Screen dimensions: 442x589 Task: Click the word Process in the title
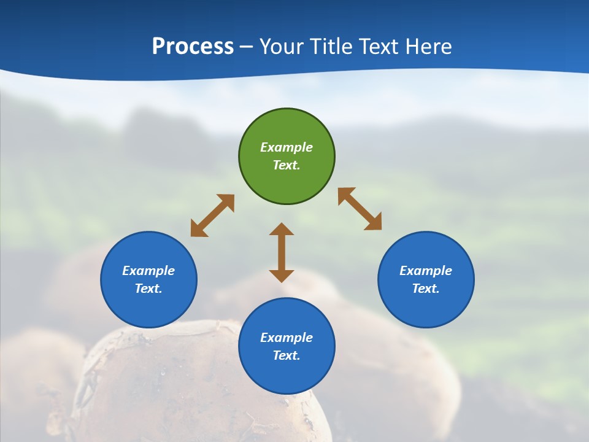[193, 47]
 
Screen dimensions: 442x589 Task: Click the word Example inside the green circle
[287, 147]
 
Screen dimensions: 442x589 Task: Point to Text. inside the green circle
[287, 165]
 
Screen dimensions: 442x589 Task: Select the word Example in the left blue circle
[148, 271]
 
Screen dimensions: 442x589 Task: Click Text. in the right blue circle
[426, 289]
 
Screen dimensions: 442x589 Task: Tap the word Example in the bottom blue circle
[287, 338]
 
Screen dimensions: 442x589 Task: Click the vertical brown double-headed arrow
[282, 252]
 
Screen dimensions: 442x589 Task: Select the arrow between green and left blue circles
[212, 215]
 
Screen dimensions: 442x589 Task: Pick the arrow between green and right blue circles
[360, 209]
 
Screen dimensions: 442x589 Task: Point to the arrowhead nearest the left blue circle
[198, 230]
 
